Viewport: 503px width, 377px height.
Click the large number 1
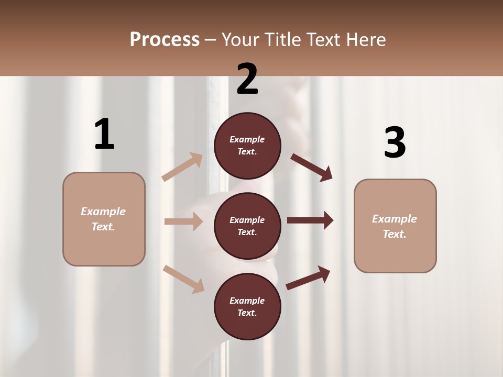[x=104, y=134]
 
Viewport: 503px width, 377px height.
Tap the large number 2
[x=247, y=80]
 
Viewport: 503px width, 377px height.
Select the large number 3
[x=395, y=142]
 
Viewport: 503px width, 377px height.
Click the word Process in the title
[x=165, y=39]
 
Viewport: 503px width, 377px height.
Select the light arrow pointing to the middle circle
[x=183, y=221]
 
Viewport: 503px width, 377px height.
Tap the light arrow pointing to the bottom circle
[x=183, y=279]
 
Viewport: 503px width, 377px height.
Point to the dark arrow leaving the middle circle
[x=310, y=220]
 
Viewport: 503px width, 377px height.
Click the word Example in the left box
[x=103, y=212]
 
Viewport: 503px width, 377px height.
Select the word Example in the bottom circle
[x=247, y=301]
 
